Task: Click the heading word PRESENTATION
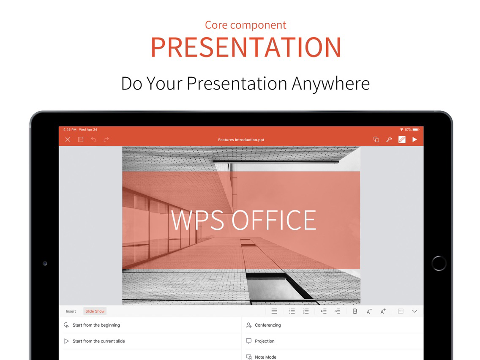(x=245, y=47)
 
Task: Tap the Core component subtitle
(x=245, y=25)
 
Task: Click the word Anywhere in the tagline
(x=330, y=83)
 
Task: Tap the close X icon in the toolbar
(x=68, y=139)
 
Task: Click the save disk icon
(x=81, y=139)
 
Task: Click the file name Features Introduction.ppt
(x=241, y=140)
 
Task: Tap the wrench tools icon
(x=389, y=139)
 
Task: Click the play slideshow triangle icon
(x=415, y=139)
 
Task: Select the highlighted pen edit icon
(x=402, y=139)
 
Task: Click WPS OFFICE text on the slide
(x=243, y=220)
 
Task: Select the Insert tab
(x=71, y=311)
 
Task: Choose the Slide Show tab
(x=95, y=311)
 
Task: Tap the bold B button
(x=355, y=311)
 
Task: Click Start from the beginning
(x=96, y=325)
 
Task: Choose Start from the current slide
(x=98, y=341)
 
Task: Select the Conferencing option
(x=267, y=325)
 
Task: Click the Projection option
(x=265, y=341)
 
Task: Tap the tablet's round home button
(x=439, y=263)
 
